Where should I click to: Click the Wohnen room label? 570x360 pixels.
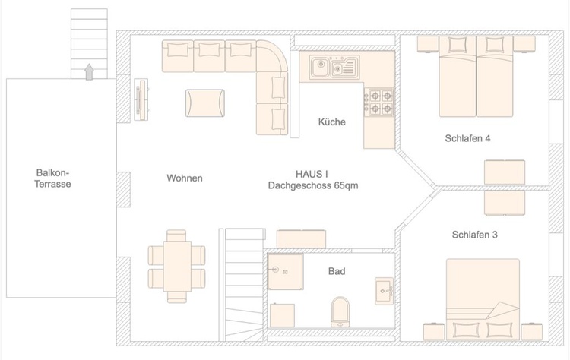click(185, 178)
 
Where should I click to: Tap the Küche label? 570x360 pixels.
click(332, 122)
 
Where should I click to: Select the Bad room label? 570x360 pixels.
click(337, 271)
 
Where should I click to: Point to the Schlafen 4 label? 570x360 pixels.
click(467, 138)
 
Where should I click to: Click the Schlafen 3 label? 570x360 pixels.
click(474, 235)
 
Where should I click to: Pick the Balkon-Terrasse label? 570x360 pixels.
click(53, 178)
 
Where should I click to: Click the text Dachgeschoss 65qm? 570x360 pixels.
click(313, 185)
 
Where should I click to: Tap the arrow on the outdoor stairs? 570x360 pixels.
click(90, 71)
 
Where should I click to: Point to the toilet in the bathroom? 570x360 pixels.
click(340, 311)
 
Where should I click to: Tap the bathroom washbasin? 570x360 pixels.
click(384, 289)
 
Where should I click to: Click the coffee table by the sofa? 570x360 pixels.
click(205, 101)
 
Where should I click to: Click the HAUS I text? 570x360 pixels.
click(313, 174)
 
